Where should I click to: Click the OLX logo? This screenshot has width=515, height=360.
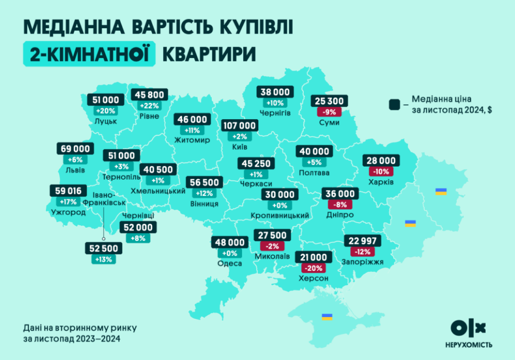[x=468, y=328]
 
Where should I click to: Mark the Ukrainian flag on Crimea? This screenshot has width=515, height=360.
[x=327, y=317]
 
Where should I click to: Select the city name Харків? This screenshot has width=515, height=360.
[x=381, y=182]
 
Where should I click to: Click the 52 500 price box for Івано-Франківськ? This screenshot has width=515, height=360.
[x=104, y=248]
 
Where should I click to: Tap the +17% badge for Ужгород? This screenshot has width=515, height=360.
[x=68, y=202]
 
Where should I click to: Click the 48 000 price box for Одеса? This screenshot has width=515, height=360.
[x=229, y=242]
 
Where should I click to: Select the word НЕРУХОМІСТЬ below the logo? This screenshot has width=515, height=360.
[x=468, y=345]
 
